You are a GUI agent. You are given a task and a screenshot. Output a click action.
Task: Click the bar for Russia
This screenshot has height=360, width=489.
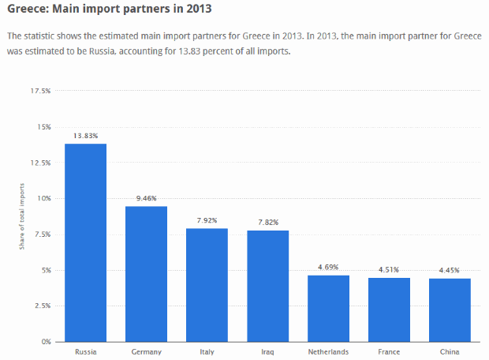point(85,242)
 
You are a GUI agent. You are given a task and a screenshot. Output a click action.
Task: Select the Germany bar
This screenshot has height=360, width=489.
point(146,274)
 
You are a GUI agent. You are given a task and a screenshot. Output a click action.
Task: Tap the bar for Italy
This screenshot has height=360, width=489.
point(207,285)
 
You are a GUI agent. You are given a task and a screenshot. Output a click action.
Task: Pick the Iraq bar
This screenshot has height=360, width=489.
point(267,286)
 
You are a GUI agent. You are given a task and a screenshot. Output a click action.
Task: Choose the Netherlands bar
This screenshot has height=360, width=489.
point(328,308)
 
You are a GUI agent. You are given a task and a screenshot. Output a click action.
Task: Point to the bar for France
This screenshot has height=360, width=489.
point(389,309)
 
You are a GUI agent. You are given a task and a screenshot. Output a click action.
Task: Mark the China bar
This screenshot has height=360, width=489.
point(450,309)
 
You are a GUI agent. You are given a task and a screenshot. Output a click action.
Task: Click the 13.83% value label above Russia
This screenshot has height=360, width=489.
point(85,136)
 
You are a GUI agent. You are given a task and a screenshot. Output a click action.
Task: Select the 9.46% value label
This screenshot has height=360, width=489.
point(146,198)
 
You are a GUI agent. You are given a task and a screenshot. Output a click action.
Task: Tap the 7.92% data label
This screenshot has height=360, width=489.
point(207,220)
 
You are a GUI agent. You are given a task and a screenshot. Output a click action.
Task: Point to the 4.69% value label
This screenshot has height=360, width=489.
point(328,267)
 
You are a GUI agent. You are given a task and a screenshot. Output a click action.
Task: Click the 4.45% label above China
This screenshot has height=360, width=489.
point(450,270)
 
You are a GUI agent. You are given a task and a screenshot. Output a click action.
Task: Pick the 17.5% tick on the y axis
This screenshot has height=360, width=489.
point(41,91)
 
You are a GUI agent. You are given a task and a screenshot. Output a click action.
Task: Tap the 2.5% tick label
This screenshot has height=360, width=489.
point(42,306)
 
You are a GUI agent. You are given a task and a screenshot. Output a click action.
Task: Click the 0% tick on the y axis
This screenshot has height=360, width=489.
point(47,342)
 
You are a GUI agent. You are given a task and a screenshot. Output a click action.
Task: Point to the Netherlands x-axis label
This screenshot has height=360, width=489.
point(328,352)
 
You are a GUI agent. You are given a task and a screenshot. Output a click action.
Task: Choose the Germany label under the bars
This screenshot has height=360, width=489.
point(146,352)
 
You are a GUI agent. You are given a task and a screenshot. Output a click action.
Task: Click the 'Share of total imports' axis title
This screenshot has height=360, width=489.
point(22,216)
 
